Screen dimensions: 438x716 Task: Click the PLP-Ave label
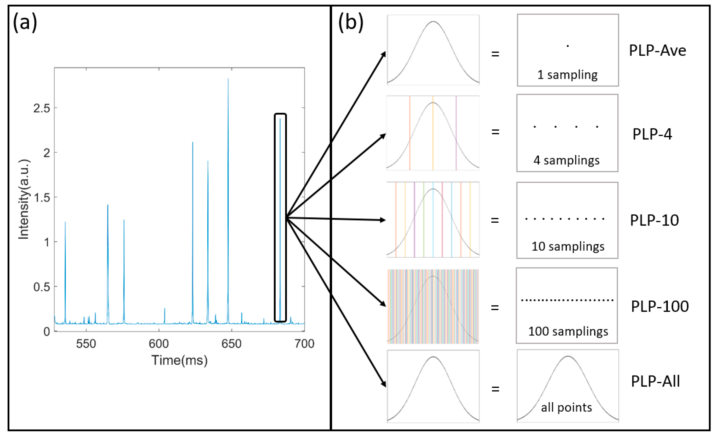pos(657,50)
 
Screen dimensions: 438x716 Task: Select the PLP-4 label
pos(652,134)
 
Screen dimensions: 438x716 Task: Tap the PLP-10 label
pos(654,220)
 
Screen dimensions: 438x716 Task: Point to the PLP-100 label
pos(660,307)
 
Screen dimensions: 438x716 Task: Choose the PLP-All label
pos(655,381)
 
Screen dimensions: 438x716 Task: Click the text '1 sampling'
pos(567,75)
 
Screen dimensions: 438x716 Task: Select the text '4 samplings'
pos(566,160)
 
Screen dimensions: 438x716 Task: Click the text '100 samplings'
pos(568,331)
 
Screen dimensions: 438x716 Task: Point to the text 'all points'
pos(566,407)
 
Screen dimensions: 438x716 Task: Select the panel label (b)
pos(351,23)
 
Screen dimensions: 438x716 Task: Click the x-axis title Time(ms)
pos(179,360)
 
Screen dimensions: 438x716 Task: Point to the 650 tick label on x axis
pos(231,344)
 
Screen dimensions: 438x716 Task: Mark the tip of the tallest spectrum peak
pos(228,79)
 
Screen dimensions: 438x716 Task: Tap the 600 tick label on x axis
pos(159,344)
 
